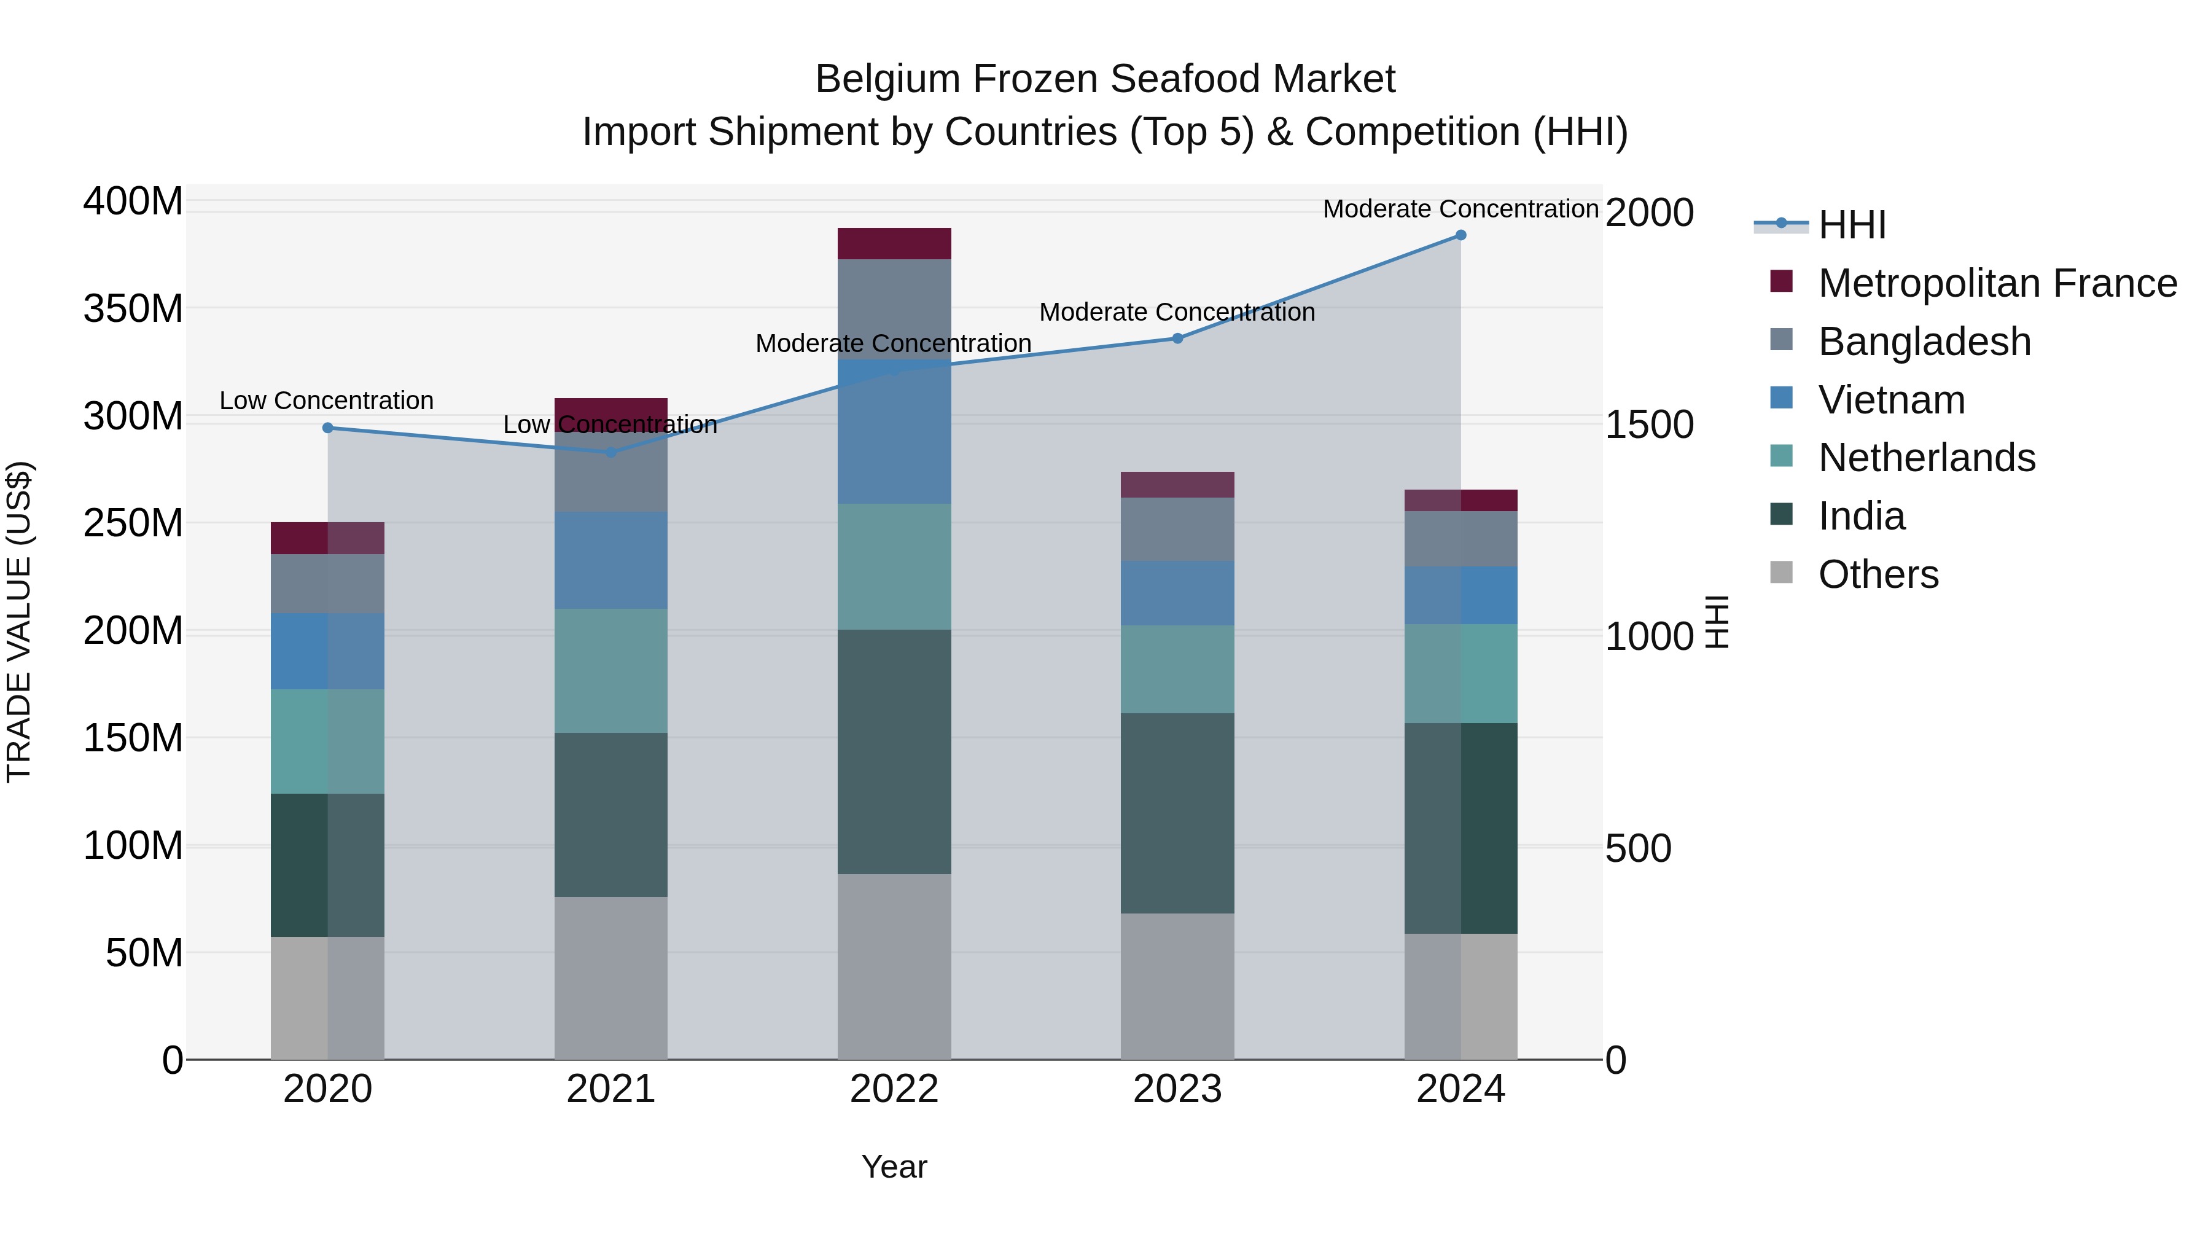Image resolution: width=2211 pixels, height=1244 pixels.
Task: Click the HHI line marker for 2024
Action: [x=1461, y=235]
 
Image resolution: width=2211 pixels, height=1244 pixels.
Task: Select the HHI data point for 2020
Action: [x=328, y=428]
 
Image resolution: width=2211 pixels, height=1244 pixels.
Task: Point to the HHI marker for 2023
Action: [x=1177, y=338]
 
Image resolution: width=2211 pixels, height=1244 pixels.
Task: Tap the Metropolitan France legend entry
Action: [x=1997, y=283]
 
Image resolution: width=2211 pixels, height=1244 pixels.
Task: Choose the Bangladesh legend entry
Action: [x=1924, y=342]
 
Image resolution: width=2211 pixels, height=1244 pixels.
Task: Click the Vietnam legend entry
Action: [x=1891, y=400]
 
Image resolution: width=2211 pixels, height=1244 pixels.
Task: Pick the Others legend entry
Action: [x=1878, y=574]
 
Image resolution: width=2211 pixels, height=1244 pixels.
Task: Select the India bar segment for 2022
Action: [x=894, y=751]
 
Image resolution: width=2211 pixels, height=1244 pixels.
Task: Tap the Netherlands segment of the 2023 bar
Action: [x=1177, y=669]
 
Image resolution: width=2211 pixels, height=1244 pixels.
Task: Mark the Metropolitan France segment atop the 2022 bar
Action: [x=894, y=244]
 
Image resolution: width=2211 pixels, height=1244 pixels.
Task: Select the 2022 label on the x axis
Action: [x=894, y=1089]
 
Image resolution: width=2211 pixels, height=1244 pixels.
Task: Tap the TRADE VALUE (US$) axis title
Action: [x=19, y=622]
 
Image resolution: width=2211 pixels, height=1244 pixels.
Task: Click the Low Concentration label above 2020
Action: [x=326, y=401]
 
